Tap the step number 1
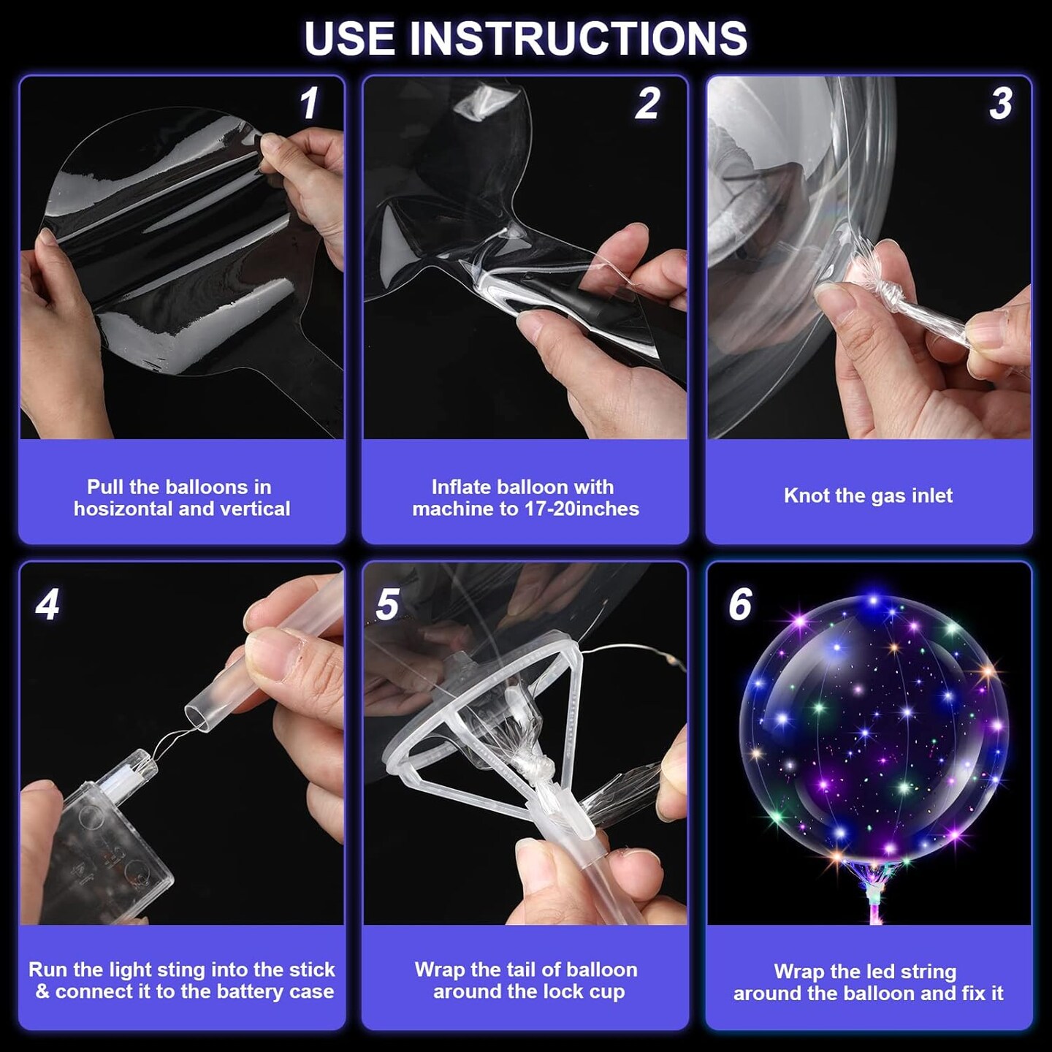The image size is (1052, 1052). (x=309, y=103)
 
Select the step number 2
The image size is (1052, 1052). (x=647, y=103)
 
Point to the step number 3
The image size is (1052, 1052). (x=1000, y=103)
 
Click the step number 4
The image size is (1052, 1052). (x=47, y=604)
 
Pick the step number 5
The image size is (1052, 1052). (x=387, y=604)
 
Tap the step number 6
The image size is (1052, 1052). (x=739, y=604)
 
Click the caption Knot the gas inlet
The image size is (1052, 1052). (x=868, y=496)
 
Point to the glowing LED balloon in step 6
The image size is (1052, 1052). (x=873, y=723)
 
